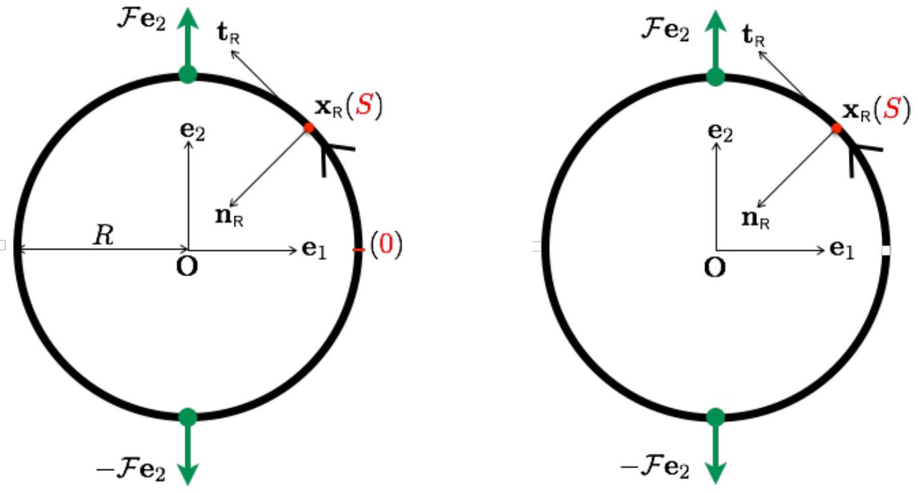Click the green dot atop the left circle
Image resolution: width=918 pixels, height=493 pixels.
point(188,74)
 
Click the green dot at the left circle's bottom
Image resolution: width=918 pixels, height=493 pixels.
point(188,417)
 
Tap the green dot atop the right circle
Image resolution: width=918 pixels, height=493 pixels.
point(716,77)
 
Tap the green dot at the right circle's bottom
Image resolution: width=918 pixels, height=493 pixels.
point(716,417)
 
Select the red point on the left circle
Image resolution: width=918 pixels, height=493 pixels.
point(309,128)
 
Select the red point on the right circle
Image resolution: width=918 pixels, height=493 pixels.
point(836,129)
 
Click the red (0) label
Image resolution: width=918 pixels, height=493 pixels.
point(386,245)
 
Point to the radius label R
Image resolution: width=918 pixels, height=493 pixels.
point(103,236)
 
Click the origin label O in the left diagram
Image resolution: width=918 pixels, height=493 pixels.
point(187,266)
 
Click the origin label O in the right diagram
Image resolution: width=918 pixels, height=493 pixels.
point(714,268)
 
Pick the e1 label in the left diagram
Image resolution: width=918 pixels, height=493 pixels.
point(314,249)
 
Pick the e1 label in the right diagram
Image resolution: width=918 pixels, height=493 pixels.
point(842,249)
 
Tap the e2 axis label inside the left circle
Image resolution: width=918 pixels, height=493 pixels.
point(193,131)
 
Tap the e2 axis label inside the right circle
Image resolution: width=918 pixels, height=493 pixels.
point(720,132)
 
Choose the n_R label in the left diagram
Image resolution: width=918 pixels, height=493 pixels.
point(229,217)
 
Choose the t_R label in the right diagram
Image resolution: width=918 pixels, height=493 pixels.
point(753,37)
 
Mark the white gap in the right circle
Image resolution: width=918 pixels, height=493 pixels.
point(885,250)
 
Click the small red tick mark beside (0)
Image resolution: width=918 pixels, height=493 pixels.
point(358,249)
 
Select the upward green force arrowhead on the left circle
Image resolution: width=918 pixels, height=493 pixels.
point(187,19)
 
